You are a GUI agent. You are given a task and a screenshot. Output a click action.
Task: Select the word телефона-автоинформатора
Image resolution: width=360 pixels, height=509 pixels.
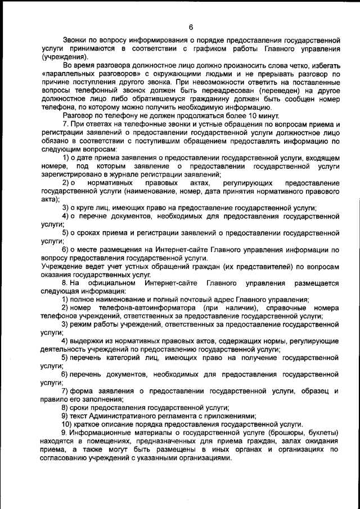143,308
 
